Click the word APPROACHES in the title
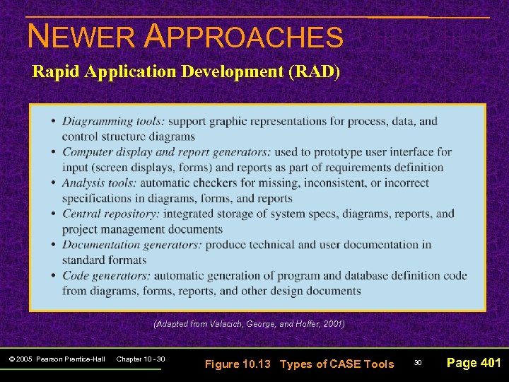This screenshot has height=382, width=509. pos(243,37)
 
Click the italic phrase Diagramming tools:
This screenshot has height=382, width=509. pos(113,121)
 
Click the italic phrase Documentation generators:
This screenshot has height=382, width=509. pos(131,245)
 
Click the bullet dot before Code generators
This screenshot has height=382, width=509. pos(53,275)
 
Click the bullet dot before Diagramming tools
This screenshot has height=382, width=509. pos(53,121)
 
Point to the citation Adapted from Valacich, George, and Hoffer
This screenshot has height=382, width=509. pos(249,323)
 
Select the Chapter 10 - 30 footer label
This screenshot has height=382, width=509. pos(141,359)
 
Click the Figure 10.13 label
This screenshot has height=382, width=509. pos(238,364)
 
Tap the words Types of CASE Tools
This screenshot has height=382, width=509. pos(337,364)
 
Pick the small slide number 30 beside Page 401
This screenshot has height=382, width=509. pos(418,363)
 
